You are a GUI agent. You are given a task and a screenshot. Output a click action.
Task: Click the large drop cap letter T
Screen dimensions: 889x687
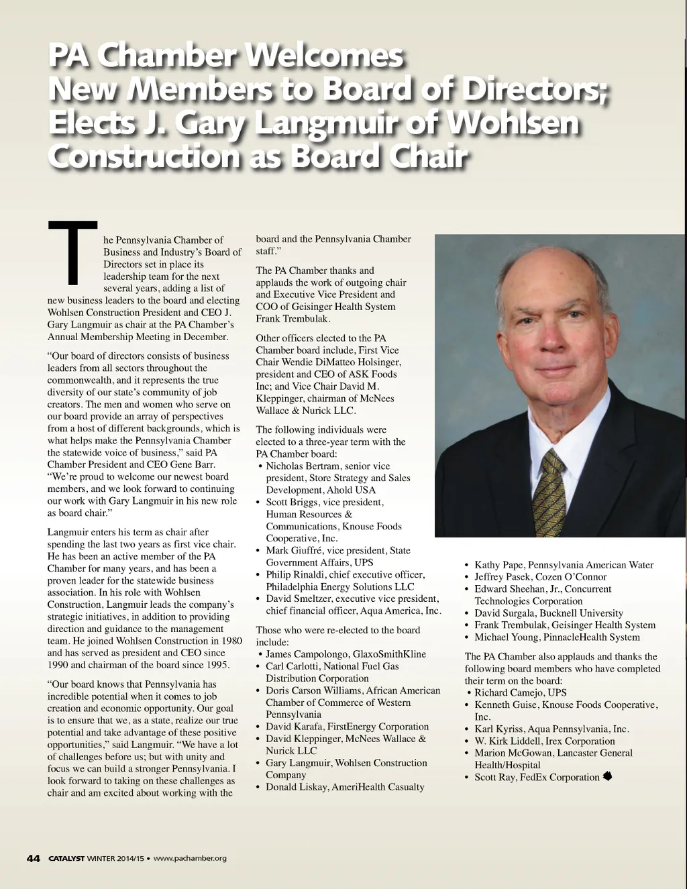(73, 251)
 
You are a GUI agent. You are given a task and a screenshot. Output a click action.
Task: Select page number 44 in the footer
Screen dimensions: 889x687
(34, 858)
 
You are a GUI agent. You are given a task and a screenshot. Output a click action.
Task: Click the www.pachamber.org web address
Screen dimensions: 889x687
(191, 858)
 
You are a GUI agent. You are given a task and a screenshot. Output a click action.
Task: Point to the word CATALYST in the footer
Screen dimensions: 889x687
(66, 858)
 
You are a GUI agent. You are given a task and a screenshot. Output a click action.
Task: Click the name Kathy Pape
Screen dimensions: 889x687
(498, 565)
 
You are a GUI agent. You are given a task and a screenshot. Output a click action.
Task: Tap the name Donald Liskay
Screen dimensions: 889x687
(295, 787)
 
